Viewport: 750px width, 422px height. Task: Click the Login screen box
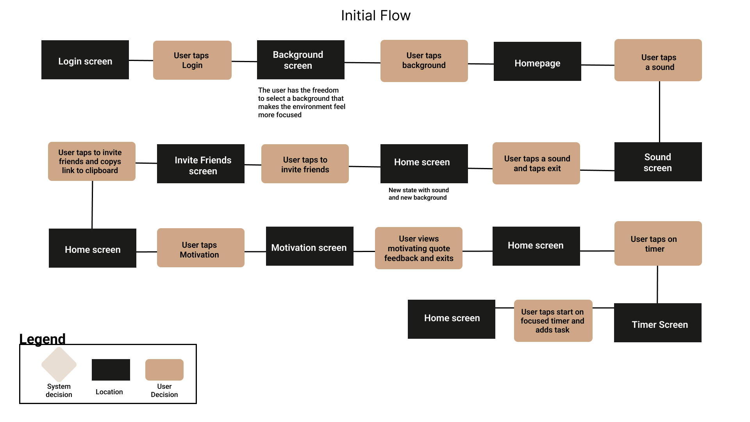point(85,60)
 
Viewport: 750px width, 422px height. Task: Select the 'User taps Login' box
point(192,60)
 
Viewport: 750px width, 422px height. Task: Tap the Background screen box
point(300,60)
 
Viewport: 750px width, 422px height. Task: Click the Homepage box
point(537,61)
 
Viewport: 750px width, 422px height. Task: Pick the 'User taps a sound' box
point(658,60)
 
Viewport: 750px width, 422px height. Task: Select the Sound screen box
point(658,162)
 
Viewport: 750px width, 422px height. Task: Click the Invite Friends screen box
point(201,164)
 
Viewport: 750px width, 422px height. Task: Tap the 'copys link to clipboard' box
point(91,161)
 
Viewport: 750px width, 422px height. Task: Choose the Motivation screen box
point(309,246)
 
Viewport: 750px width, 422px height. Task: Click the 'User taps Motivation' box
point(200,248)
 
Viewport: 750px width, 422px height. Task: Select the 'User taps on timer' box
point(658,243)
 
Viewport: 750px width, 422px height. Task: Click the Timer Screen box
point(657,323)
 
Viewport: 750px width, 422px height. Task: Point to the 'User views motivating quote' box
point(418,248)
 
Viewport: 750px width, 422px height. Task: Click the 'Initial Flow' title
point(375,16)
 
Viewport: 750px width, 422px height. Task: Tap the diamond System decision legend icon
point(59,365)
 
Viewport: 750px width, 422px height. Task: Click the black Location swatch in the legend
point(111,370)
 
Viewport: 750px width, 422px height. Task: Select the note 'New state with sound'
point(418,194)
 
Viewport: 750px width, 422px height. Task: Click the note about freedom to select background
point(301,102)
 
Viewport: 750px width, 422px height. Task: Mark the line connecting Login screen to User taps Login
point(141,60)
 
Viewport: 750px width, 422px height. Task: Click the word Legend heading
point(42,339)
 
